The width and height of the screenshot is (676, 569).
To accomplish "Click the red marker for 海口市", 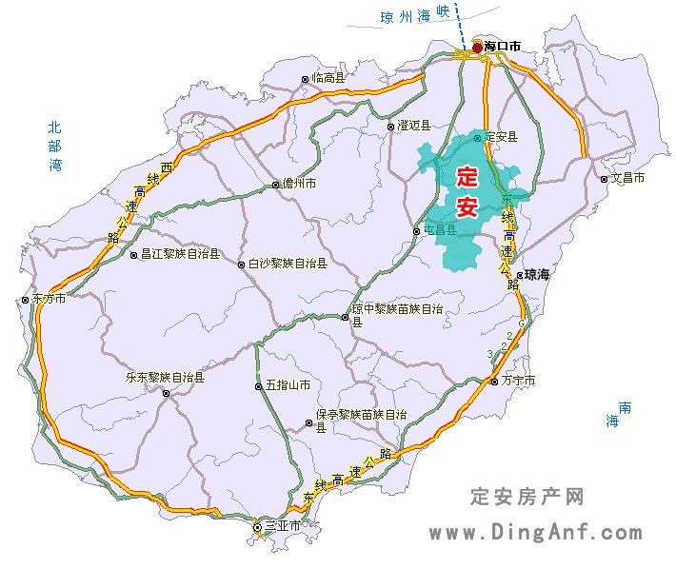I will coord(477,46).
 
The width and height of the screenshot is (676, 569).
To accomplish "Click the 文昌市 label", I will coord(627,178).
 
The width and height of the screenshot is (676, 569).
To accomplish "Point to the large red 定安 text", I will coord(467,190).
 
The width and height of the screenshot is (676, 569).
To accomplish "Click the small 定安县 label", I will coord(501,137).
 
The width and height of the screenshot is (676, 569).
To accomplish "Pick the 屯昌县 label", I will coord(440,230).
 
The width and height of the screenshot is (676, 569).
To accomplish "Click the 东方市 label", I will coord(49,299).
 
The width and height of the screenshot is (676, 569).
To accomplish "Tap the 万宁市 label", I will coord(518,381).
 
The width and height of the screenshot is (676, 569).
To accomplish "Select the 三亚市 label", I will coord(282,525).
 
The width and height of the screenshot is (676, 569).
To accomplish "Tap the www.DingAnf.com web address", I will coord(535,533).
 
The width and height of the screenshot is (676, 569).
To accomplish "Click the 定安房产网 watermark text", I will coord(527,496).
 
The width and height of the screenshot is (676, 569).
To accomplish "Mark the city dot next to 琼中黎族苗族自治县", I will coord(345,317).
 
